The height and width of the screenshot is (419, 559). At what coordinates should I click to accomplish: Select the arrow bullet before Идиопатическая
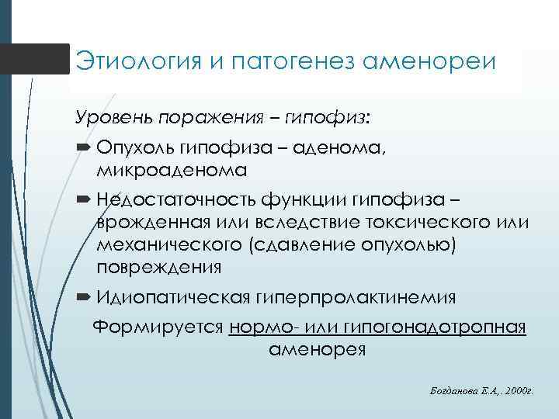[83, 297]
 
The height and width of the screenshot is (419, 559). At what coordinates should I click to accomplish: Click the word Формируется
[158, 327]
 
